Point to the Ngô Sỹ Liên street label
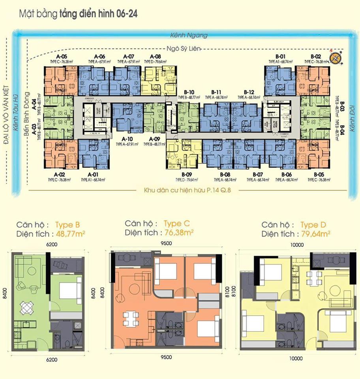coord(184,49)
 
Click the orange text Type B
coord(67,225)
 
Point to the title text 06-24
coord(127,14)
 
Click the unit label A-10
coord(127,139)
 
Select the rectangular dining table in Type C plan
coord(131,318)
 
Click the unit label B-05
coord(319,174)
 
